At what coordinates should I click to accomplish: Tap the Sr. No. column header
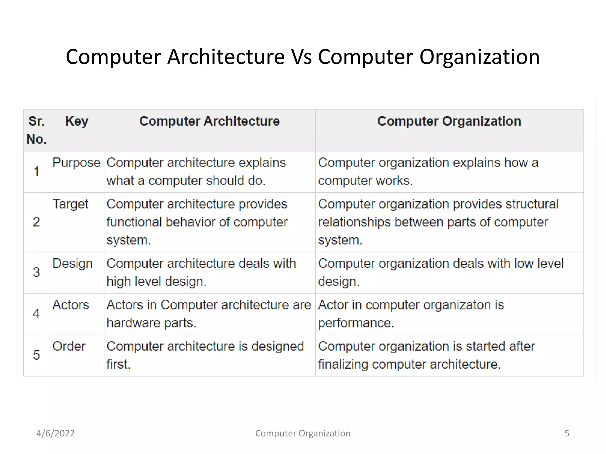[37, 130]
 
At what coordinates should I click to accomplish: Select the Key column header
[77, 121]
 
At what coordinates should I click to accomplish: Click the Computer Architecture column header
[209, 121]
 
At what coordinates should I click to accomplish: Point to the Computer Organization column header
[449, 121]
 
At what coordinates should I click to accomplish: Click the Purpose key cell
[76, 163]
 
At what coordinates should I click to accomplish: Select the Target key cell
[70, 204]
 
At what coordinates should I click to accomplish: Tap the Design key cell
[72, 263]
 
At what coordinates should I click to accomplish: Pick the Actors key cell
[71, 305]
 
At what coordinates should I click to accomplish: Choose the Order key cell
[69, 346]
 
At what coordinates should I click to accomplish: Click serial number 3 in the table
[36, 272]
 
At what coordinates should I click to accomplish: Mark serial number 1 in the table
[36, 171]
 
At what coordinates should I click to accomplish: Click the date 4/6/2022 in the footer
[56, 433]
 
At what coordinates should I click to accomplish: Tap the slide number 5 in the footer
[567, 433]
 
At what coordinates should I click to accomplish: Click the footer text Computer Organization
[303, 433]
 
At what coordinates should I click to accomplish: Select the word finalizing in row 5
[343, 364]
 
